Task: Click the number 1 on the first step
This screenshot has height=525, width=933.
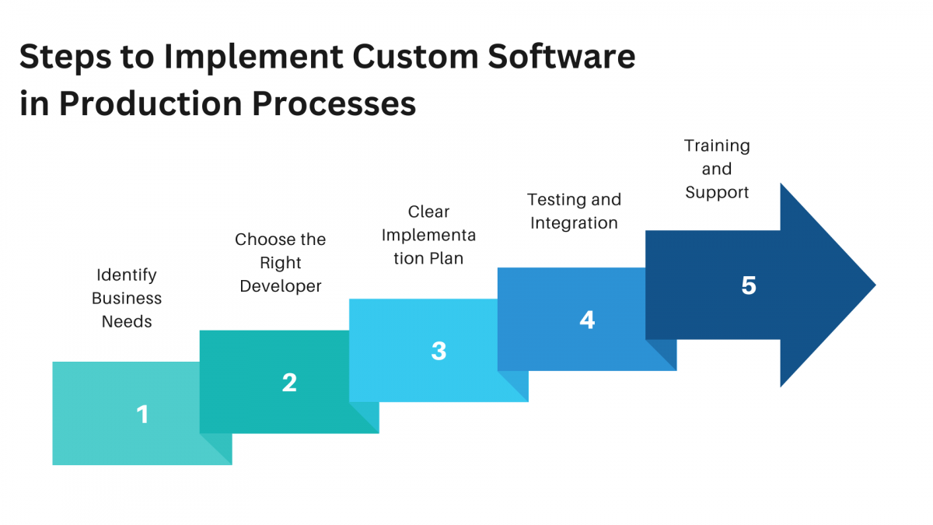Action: click(142, 415)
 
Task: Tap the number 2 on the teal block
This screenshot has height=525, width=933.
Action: click(289, 383)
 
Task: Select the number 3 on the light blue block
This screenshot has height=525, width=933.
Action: click(439, 351)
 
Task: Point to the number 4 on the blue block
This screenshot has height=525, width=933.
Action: click(587, 320)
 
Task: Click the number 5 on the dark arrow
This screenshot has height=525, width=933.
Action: click(748, 285)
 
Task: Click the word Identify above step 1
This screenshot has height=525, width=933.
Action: click(127, 275)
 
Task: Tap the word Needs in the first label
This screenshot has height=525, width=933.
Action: click(127, 321)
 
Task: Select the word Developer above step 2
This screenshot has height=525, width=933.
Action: click(281, 286)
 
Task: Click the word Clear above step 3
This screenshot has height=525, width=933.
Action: click(428, 212)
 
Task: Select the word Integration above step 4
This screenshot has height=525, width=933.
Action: click(574, 223)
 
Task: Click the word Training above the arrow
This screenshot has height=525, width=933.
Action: click(717, 145)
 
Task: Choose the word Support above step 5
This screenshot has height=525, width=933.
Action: click(717, 192)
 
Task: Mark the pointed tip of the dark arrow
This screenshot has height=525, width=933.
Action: click(875, 285)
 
